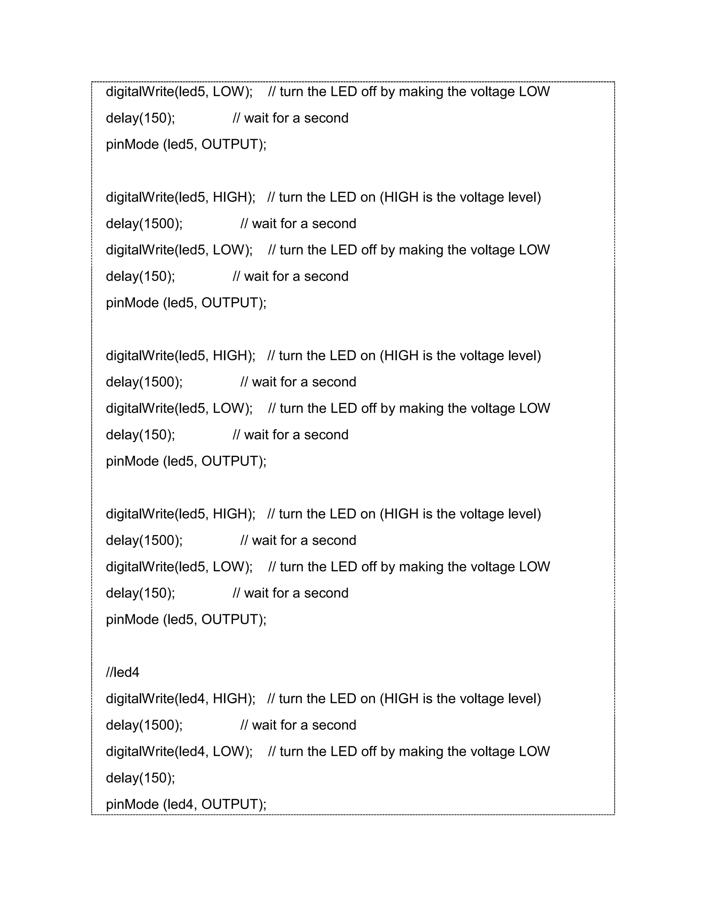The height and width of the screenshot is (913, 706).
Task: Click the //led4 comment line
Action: [122, 672]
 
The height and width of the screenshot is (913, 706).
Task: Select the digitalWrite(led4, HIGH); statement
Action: [180, 699]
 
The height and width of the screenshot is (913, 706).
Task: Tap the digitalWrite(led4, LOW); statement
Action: [179, 751]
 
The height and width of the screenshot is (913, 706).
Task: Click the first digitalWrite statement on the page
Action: [179, 92]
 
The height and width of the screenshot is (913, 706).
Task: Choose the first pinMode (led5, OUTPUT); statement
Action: [186, 144]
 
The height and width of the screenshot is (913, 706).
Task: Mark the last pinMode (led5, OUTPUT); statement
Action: [186, 619]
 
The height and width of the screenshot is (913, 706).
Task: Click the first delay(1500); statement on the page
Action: [144, 224]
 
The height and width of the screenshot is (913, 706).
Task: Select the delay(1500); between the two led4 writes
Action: [144, 725]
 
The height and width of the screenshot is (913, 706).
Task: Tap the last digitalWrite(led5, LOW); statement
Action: [179, 566]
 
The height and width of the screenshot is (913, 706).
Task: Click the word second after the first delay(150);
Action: [326, 118]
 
